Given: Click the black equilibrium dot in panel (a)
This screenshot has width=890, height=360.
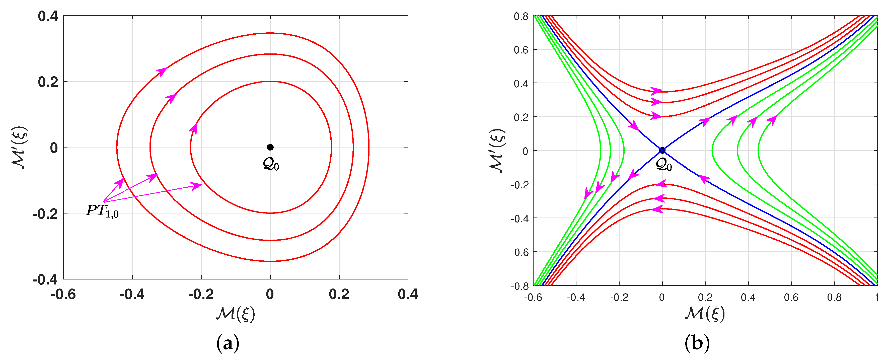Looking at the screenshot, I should (x=270, y=147).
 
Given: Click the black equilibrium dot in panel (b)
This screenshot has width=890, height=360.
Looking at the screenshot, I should (x=662, y=150).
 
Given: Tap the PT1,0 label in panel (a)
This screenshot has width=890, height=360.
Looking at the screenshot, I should (x=102, y=211).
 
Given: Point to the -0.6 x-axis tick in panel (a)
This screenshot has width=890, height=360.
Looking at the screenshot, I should (x=63, y=294).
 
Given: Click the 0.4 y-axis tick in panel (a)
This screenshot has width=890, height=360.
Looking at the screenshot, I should (x=48, y=16).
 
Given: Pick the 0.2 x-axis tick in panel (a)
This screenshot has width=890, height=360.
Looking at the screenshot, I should (x=339, y=294).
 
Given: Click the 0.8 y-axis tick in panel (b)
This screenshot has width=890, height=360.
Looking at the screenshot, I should (x=521, y=16).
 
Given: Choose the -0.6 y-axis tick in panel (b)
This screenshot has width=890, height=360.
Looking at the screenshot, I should (x=519, y=252).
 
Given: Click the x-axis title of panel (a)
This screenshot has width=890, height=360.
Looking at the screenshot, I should (x=236, y=314).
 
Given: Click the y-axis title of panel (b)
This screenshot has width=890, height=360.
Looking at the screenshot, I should (x=497, y=150).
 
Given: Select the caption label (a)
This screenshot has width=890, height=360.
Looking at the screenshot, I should (x=228, y=344).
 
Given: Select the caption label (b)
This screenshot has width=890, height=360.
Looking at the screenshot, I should (x=697, y=344).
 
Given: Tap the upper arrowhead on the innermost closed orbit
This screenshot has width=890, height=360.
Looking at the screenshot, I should (x=194, y=128).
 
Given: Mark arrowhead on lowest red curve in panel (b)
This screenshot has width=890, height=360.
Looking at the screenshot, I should (x=656, y=209).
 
